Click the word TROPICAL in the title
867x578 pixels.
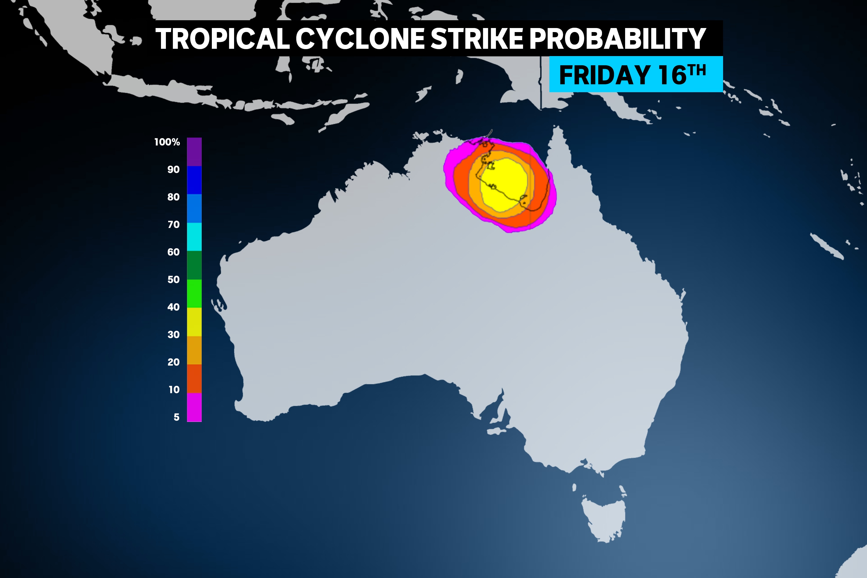coord(222,39)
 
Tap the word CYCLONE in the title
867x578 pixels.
coord(360,39)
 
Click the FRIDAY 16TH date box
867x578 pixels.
coord(636,75)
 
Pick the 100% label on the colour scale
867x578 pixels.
coord(167,142)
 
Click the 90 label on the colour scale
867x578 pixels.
coord(173,170)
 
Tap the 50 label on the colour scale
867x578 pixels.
coord(173,279)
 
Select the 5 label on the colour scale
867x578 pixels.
coord(177,417)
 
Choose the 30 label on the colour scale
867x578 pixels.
coord(173,334)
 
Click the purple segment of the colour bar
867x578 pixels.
coord(194,151)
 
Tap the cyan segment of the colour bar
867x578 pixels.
coord(194,237)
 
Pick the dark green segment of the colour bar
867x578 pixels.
coord(194,265)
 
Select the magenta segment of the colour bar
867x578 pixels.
coord(194,407)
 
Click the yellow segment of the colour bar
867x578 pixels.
coord(194,322)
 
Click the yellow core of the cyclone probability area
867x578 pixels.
coord(503,184)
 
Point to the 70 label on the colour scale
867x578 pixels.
coord(173,225)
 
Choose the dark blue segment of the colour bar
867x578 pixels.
coord(194,180)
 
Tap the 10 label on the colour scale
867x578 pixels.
coord(174,389)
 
